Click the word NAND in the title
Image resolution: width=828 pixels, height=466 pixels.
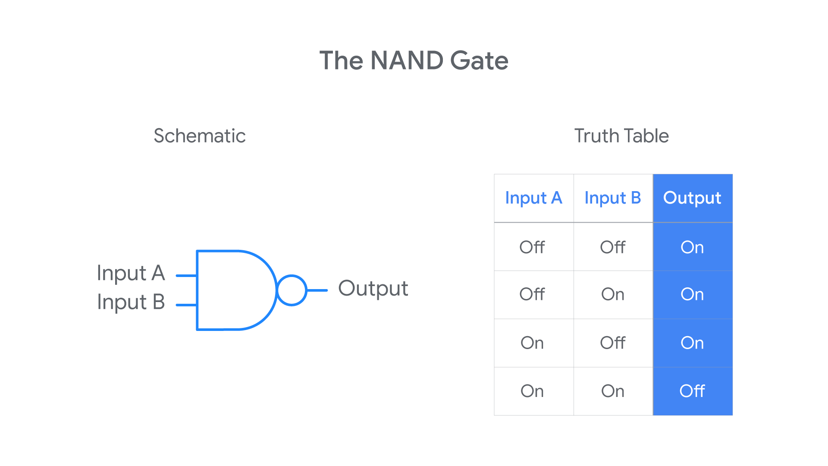(x=407, y=60)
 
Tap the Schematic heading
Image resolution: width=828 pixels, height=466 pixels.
(x=200, y=136)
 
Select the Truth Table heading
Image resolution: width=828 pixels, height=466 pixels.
(x=621, y=136)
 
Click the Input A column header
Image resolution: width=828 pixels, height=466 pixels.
(x=533, y=198)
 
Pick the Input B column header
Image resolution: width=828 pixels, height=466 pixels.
(x=613, y=198)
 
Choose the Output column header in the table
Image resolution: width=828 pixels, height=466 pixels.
(x=692, y=198)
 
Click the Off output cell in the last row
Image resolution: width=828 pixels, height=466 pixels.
(x=692, y=391)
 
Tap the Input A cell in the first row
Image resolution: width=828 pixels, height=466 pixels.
(x=532, y=247)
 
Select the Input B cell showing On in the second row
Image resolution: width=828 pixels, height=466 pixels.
(x=613, y=294)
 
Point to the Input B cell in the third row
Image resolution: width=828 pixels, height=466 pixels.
(x=613, y=343)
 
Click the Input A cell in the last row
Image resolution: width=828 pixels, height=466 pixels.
(x=532, y=391)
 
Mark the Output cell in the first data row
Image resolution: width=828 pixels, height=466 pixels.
(x=692, y=247)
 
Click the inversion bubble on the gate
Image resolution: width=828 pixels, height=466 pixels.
(x=292, y=275)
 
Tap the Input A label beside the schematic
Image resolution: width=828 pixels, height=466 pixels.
(x=131, y=273)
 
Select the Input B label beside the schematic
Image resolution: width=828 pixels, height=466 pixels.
(x=131, y=302)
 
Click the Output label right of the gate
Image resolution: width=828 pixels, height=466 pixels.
(x=373, y=289)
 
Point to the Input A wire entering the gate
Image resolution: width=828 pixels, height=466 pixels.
(x=186, y=276)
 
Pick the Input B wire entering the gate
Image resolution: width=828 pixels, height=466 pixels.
(x=186, y=305)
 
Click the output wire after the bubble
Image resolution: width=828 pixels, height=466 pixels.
(x=317, y=290)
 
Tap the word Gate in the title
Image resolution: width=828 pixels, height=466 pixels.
(x=479, y=60)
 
